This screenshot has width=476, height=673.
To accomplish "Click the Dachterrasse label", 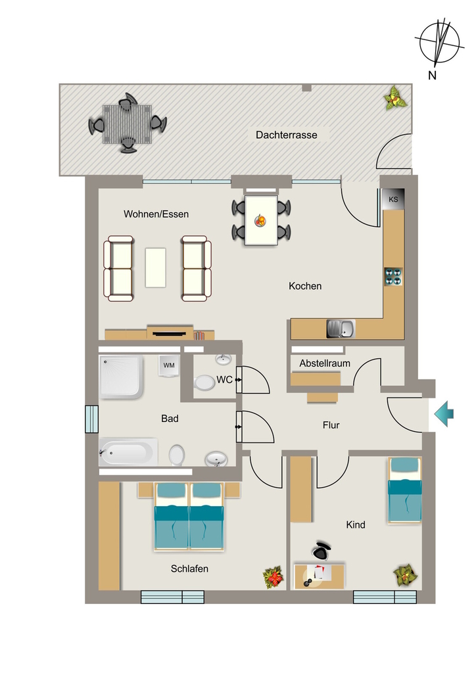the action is click(286, 135).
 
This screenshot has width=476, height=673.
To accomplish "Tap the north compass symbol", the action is click(440, 43).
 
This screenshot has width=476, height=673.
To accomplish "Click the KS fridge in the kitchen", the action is click(393, 199).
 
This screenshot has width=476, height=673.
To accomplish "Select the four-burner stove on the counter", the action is click(393, 277).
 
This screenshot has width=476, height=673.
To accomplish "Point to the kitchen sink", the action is click(341, 329).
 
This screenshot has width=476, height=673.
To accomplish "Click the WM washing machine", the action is click(169, 365).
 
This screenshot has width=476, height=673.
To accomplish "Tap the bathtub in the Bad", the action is click(128, 452).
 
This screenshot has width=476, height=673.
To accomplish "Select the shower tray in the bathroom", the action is click(121, 377).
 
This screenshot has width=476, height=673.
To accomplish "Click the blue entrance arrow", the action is click(444, 414).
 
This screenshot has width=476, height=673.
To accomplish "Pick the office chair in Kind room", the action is click(321, 550).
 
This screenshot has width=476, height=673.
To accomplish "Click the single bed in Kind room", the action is click(405, 490).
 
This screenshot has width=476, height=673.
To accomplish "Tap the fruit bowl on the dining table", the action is click(260, 221).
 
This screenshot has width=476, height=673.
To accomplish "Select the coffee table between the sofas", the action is click(155, 267).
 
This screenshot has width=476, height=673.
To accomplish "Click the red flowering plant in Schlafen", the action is click(274, 577).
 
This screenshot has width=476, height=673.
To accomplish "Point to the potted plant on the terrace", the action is click(395, 99).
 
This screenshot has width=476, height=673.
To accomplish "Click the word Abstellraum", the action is click(325, 363).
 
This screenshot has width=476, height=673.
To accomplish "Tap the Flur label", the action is click(331, 425).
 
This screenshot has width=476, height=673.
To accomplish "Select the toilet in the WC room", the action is click(204, 383).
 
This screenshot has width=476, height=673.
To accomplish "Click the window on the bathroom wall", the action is click(91, 419).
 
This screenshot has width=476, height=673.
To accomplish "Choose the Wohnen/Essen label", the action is click(156, 214).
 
